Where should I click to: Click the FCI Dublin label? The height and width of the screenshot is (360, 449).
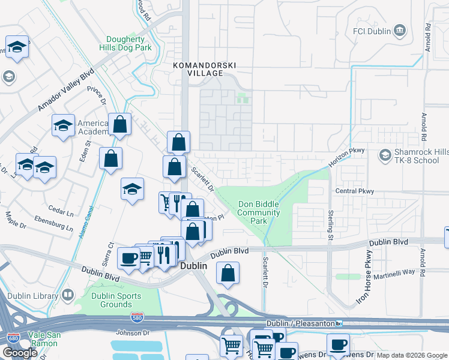(x=372, y=31)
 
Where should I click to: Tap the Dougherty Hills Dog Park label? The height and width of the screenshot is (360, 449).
(x=125, y=43)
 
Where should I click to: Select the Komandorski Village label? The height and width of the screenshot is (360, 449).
(x=197, y=68)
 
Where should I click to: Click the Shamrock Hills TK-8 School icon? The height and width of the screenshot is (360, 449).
(x=384, y=156)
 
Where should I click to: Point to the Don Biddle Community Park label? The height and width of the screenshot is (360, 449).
(x=258, y=212)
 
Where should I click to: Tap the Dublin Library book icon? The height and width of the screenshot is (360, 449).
(x=67, y=295)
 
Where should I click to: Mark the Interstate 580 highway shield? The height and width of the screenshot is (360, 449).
(x=137, y=321)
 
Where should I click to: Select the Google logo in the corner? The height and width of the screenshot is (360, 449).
(x=20, y=353)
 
